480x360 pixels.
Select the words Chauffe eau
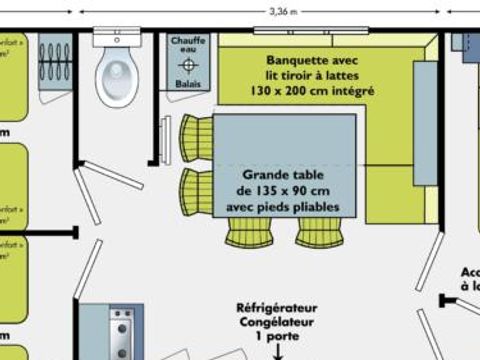188,46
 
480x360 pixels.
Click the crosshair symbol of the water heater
188,65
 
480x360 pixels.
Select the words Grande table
287,173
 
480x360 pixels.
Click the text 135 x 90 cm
287,190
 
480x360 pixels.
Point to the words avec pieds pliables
288,207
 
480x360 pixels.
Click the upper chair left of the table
196,136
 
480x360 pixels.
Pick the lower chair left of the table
196,189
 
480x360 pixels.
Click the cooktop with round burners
121,335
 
